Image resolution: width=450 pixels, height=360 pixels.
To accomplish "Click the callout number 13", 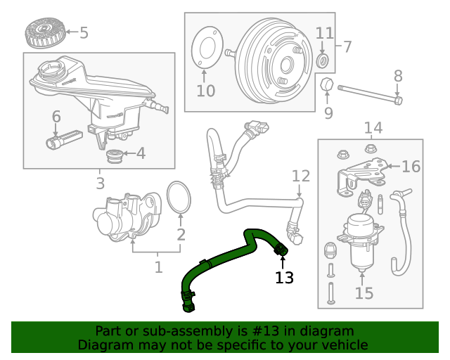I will click(x=284, y=278).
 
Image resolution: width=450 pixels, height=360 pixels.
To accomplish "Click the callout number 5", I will click(x=84, y=32).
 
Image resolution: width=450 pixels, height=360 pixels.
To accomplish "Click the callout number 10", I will click(x=205, y=91).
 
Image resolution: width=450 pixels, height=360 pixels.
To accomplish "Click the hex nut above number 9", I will click(x=327, y=85).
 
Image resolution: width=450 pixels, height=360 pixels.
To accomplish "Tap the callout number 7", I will click(x=347, y=47).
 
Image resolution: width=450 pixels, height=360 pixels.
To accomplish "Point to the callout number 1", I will click(x=158, y=267).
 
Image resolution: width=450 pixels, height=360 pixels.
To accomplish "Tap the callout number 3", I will click(x=101, y=184).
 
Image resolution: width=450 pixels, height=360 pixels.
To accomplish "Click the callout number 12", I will click(x=300, y=175).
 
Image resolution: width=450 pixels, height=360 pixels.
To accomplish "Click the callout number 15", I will click(x=364, y=293).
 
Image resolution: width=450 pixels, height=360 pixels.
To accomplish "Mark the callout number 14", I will click(x=373, y=127).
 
